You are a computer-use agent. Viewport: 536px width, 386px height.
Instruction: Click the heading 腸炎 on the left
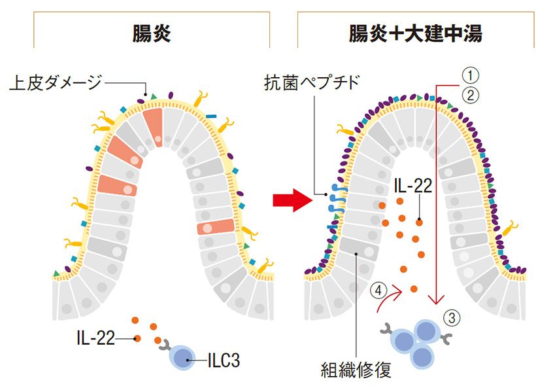tap(151, 33)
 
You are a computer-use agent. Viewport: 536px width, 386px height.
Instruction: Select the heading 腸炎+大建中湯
tap(416, 33)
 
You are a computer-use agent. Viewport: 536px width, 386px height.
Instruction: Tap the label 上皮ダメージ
tap(56, 82)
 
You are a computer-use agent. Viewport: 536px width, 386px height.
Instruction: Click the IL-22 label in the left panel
tap(95, 338)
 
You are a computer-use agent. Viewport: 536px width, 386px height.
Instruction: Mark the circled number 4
tap(376, 289)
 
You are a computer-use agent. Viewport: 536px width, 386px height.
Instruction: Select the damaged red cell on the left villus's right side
tap(214, 226)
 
